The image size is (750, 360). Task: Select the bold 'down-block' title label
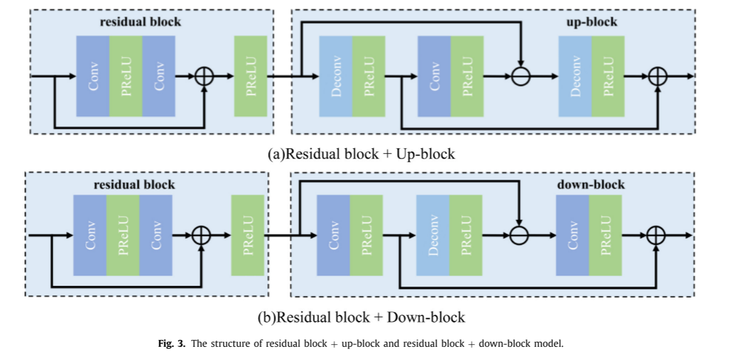[x=590, y=185]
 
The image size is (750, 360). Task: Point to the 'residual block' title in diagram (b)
[x=134, y=185]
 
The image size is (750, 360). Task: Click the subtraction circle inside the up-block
[x=521, y=76]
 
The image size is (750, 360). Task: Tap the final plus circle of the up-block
[x=657, y=76]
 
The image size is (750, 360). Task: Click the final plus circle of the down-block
[x=655, y=236]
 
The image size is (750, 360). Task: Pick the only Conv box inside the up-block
[x=433, y=76]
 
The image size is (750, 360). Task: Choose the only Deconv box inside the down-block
[x=433, y=236]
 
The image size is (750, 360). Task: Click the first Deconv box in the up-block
[x=335, y=76]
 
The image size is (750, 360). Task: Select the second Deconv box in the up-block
[x=575, y=76]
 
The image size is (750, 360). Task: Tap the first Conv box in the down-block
[x=334, y=236]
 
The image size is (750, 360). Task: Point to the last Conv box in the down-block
[x=572, y=236]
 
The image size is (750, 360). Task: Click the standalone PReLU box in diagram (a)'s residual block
[x=251, y=76]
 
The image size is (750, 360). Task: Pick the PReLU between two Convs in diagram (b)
[x=122, y=236]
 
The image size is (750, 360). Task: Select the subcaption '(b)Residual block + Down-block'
[x=361, y=317]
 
